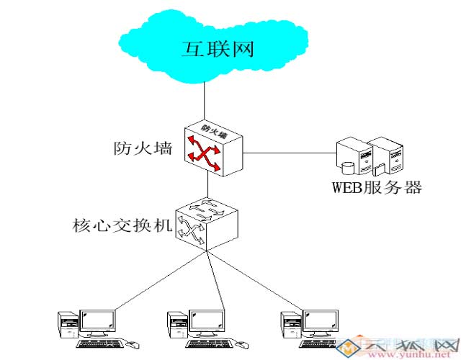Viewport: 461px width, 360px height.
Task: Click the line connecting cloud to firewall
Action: click(205, 101)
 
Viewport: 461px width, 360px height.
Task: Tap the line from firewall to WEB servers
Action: click(288, 152)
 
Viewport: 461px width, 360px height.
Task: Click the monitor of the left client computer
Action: click(97, 322)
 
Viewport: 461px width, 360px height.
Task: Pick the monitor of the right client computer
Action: click(318, 322)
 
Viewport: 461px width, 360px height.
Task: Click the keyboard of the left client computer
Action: click(101, 343)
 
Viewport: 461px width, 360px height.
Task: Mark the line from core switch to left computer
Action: click(144, 281)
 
